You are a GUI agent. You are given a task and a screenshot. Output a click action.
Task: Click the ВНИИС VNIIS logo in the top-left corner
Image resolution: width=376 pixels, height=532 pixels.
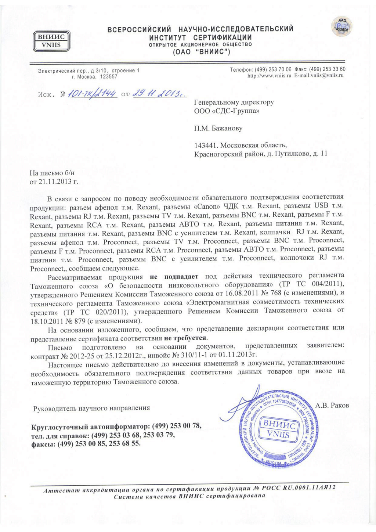[51, 41]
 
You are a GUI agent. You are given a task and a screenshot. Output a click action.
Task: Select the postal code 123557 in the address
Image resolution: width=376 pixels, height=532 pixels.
[109, 77]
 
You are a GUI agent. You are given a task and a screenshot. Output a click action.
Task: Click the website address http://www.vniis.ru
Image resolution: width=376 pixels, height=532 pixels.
[269, 75]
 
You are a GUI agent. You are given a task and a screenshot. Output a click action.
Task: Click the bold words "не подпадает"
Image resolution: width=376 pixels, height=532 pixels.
[174, 276]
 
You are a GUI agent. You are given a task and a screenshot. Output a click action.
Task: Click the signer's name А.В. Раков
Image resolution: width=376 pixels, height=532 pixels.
[332, 405]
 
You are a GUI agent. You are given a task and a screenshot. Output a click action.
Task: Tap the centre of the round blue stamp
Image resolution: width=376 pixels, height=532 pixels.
[278, 429]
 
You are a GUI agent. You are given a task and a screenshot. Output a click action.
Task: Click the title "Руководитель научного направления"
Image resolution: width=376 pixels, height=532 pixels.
[91, 408]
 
